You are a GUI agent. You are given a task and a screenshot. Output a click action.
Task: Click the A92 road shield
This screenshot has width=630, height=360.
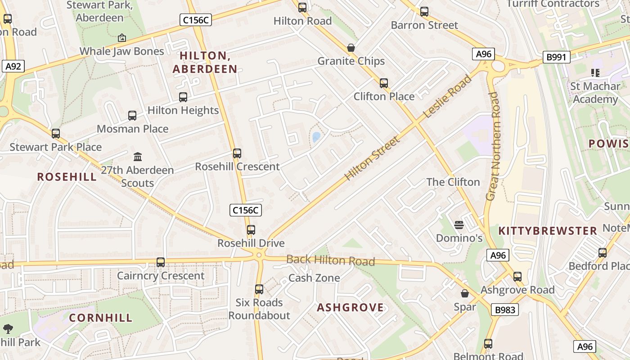click(13, 67)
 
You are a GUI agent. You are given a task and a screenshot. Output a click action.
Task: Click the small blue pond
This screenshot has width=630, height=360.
click(316, 137)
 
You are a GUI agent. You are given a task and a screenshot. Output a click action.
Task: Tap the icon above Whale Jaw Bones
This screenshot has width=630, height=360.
click(121, 38)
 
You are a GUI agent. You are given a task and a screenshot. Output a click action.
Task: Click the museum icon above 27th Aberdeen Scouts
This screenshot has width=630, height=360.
click(138, 157)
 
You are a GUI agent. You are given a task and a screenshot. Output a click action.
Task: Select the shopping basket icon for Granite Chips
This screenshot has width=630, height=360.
click(351, 48)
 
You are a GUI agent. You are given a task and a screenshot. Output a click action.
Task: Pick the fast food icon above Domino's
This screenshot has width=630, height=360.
click(459, 225)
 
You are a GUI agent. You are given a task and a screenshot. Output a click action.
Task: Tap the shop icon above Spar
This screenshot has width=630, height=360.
click(465, 293)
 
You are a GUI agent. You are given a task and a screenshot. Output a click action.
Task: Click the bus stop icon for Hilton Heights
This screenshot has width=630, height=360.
click(183, 97)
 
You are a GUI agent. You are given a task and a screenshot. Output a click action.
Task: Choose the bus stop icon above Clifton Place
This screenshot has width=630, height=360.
click(383, 83)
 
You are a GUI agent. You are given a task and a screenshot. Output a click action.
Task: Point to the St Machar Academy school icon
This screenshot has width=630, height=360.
click(595, 72)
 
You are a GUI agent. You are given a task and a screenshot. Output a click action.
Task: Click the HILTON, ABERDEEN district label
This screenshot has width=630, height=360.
click(205, 62)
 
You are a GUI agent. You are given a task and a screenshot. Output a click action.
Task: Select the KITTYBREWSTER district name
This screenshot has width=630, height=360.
click(548, 231)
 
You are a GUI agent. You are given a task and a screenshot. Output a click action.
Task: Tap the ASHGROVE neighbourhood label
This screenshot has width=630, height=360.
click(351, 307)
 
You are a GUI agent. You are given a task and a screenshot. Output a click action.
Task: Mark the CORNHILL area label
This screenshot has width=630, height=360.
click(101, 318)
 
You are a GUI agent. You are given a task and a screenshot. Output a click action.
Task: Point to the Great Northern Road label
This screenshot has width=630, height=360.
click(493, 146)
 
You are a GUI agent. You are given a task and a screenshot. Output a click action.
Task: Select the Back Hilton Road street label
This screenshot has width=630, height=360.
click(330, 260)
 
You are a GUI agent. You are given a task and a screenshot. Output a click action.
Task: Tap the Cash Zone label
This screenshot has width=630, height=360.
click(314, 278)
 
